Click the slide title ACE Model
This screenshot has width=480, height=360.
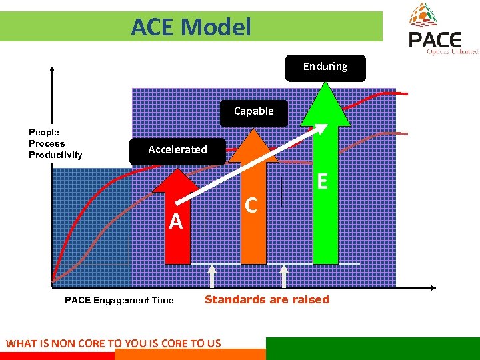point(191,27)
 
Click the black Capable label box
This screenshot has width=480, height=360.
point(253,112)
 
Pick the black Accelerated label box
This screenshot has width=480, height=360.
point(177,150)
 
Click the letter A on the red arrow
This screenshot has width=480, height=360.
point(175,221)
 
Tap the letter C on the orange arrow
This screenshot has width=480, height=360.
point(251,205)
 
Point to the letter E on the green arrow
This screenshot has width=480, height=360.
point(323,181)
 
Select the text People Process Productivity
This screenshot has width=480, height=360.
point(55,143)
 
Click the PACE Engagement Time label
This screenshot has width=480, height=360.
point(119,301)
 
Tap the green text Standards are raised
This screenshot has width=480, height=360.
point(267,299)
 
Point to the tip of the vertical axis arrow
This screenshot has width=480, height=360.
point(51,67)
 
